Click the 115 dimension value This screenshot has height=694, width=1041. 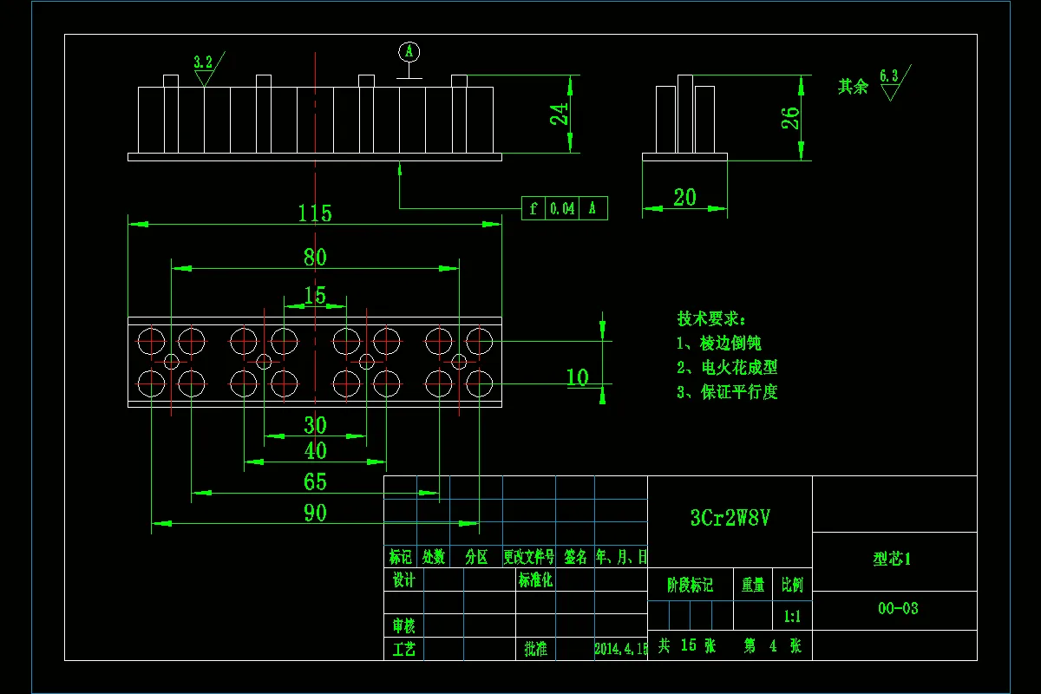315,213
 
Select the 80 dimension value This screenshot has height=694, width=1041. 315,257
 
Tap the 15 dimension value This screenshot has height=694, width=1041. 315,296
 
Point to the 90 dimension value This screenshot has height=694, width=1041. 315,513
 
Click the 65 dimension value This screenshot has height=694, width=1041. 315,481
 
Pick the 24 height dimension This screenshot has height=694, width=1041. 561,114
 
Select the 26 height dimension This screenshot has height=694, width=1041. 790,118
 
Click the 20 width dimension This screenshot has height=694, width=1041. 684,198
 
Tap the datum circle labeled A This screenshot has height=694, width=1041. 409,52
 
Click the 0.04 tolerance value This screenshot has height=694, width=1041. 562,209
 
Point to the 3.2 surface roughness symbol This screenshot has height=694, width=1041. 203,62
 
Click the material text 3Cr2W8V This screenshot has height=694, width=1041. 730,518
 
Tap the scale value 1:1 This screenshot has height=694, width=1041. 792,617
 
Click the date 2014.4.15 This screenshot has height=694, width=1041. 621,648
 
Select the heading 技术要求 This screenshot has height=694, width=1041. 711,318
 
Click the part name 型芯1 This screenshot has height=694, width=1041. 892,560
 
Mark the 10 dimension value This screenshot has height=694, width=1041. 577,377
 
